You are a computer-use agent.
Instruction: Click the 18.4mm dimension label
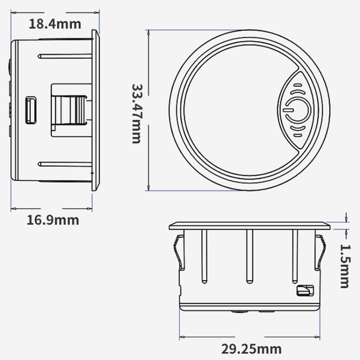point(54,23)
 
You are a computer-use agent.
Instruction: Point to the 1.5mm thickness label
point(344,265)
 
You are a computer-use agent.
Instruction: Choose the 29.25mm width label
point(252,348)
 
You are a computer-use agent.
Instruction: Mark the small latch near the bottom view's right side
point(304,291)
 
